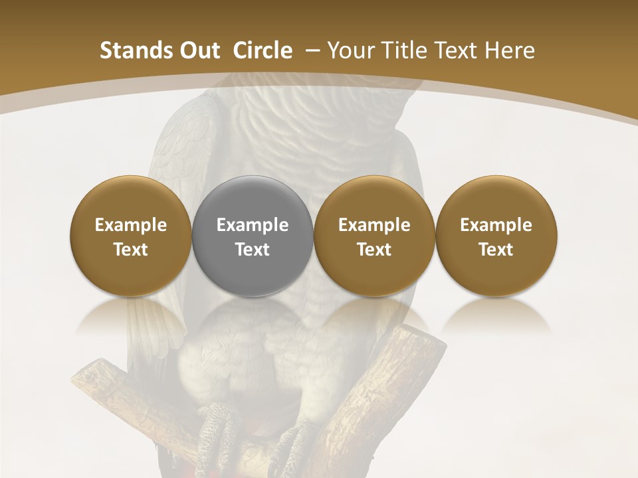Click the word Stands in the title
134,50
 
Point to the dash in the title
310,50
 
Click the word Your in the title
351,50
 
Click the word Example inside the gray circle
253,225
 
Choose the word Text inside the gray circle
253,250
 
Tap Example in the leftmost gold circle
131,225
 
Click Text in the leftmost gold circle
131,250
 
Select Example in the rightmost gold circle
496,225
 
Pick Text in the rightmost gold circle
496,250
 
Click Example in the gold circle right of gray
374,225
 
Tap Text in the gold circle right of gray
374,250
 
